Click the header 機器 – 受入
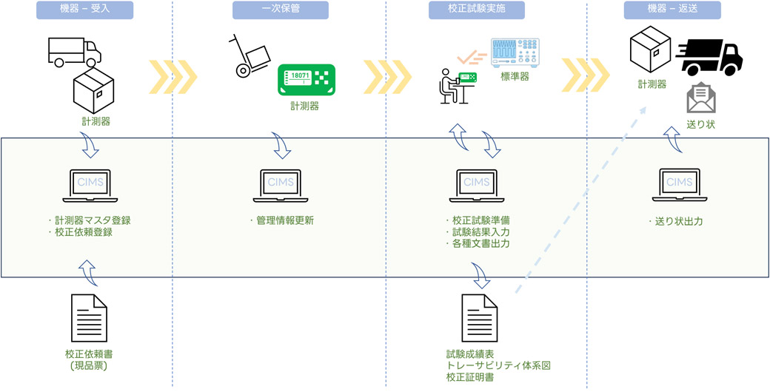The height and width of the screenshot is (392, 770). [85, 10]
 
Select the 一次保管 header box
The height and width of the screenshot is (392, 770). [281, 10]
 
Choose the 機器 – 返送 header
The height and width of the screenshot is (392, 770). [672, 10]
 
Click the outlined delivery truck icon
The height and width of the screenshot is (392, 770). [75, 52]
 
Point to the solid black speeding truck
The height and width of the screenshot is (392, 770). [709, 58]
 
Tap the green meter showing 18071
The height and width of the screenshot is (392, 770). [307, 79]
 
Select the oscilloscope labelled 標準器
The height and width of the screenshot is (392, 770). [515, 53]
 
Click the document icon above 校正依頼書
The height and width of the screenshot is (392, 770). [89, 318]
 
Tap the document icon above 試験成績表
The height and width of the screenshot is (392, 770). [480, 318]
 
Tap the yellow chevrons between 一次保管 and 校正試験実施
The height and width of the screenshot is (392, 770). [387, 77]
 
